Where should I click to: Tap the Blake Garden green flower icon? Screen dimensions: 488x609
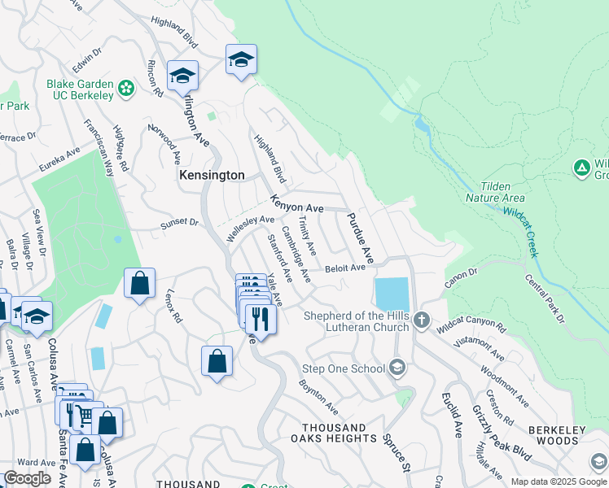pyautogui.click(x=125, y=87)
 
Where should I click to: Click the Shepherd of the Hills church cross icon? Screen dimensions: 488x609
pyautogui.click(x=421, y=320)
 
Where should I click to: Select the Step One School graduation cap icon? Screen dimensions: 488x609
pyautogui.click(x=397, y=368)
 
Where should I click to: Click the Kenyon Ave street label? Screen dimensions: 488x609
pyautogui.click(x=297, y=205)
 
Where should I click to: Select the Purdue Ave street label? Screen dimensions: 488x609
pyautogui.click(x=360, y=237)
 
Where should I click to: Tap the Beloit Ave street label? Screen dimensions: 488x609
pyautogui.click(x=345, y=268)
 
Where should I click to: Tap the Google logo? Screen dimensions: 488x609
pyautogui.click(x=27, y=477)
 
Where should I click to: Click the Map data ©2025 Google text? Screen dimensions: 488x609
pyautogui.click(x=558, y=481)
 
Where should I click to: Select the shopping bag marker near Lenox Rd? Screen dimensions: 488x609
pyautogui.click(x=139, y=284)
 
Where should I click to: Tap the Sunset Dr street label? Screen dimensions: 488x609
pyautogui.click(x=179, y=222)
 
